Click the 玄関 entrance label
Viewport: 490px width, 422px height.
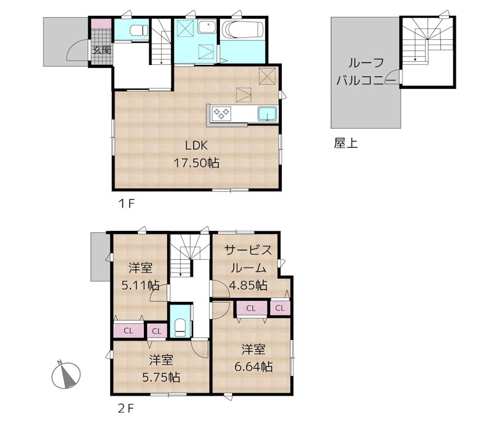[x=102, y=50]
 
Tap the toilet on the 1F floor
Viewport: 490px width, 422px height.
[x=139, y=31]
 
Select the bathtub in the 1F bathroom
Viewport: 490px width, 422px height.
[x=243, y=29]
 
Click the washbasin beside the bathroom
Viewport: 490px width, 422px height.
[x=207, y=27]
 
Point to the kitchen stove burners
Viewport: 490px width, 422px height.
[x=221, y=113]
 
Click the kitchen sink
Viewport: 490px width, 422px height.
[x=267, y=113]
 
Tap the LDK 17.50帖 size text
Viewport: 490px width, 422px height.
[x=197, y=163]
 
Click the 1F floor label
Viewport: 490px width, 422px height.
[x=126, y=204]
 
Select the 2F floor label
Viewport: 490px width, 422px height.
[x=126, y=409]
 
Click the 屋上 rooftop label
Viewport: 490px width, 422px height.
[x=345, y=143]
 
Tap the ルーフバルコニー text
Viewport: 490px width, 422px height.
[x=366, y=72]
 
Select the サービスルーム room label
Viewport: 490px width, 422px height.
[x=249, y=259]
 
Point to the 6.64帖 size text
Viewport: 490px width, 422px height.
[x=254, y=366]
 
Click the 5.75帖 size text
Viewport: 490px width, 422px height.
[x=161, y=377]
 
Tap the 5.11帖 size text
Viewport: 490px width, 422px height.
[x=140, y=285]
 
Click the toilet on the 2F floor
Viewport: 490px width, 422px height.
[x=180, y=327]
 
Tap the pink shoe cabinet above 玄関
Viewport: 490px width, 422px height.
[x=101, y=24]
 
